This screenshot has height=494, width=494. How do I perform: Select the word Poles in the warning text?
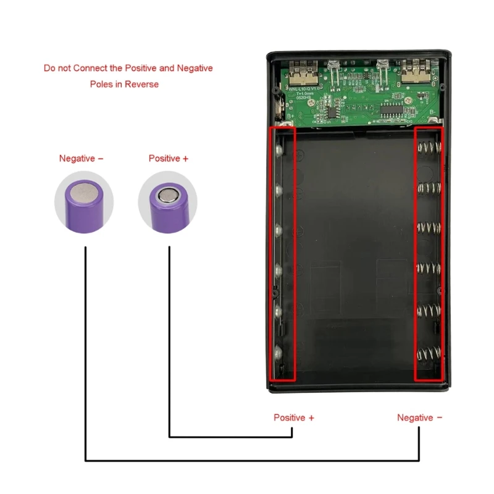click(101, 84)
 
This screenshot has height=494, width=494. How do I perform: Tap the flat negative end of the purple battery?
click(83, 196)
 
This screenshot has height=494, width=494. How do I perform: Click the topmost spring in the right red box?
click(429, 148)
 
